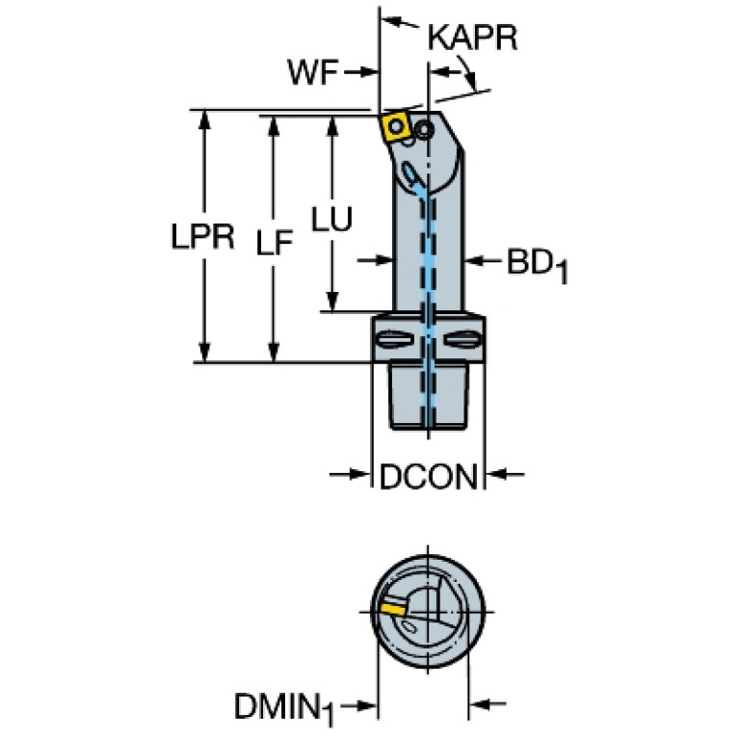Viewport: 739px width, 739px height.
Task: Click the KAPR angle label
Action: [x=472, y=38]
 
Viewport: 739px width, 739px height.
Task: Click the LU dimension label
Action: [x=331, y=220]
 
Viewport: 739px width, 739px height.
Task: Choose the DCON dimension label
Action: [x=429, y=475]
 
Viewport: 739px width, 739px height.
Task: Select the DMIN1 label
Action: [x=283, y=707]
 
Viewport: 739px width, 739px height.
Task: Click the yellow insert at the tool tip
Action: [x=395, y=125]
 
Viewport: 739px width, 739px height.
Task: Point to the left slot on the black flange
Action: [x=394, y=338]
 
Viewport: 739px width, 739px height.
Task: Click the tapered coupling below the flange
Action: [x=428, y=395]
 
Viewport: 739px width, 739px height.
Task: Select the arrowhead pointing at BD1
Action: [x=475, y=260]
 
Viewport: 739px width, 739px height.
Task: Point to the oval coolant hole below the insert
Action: [x=411, y=176]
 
